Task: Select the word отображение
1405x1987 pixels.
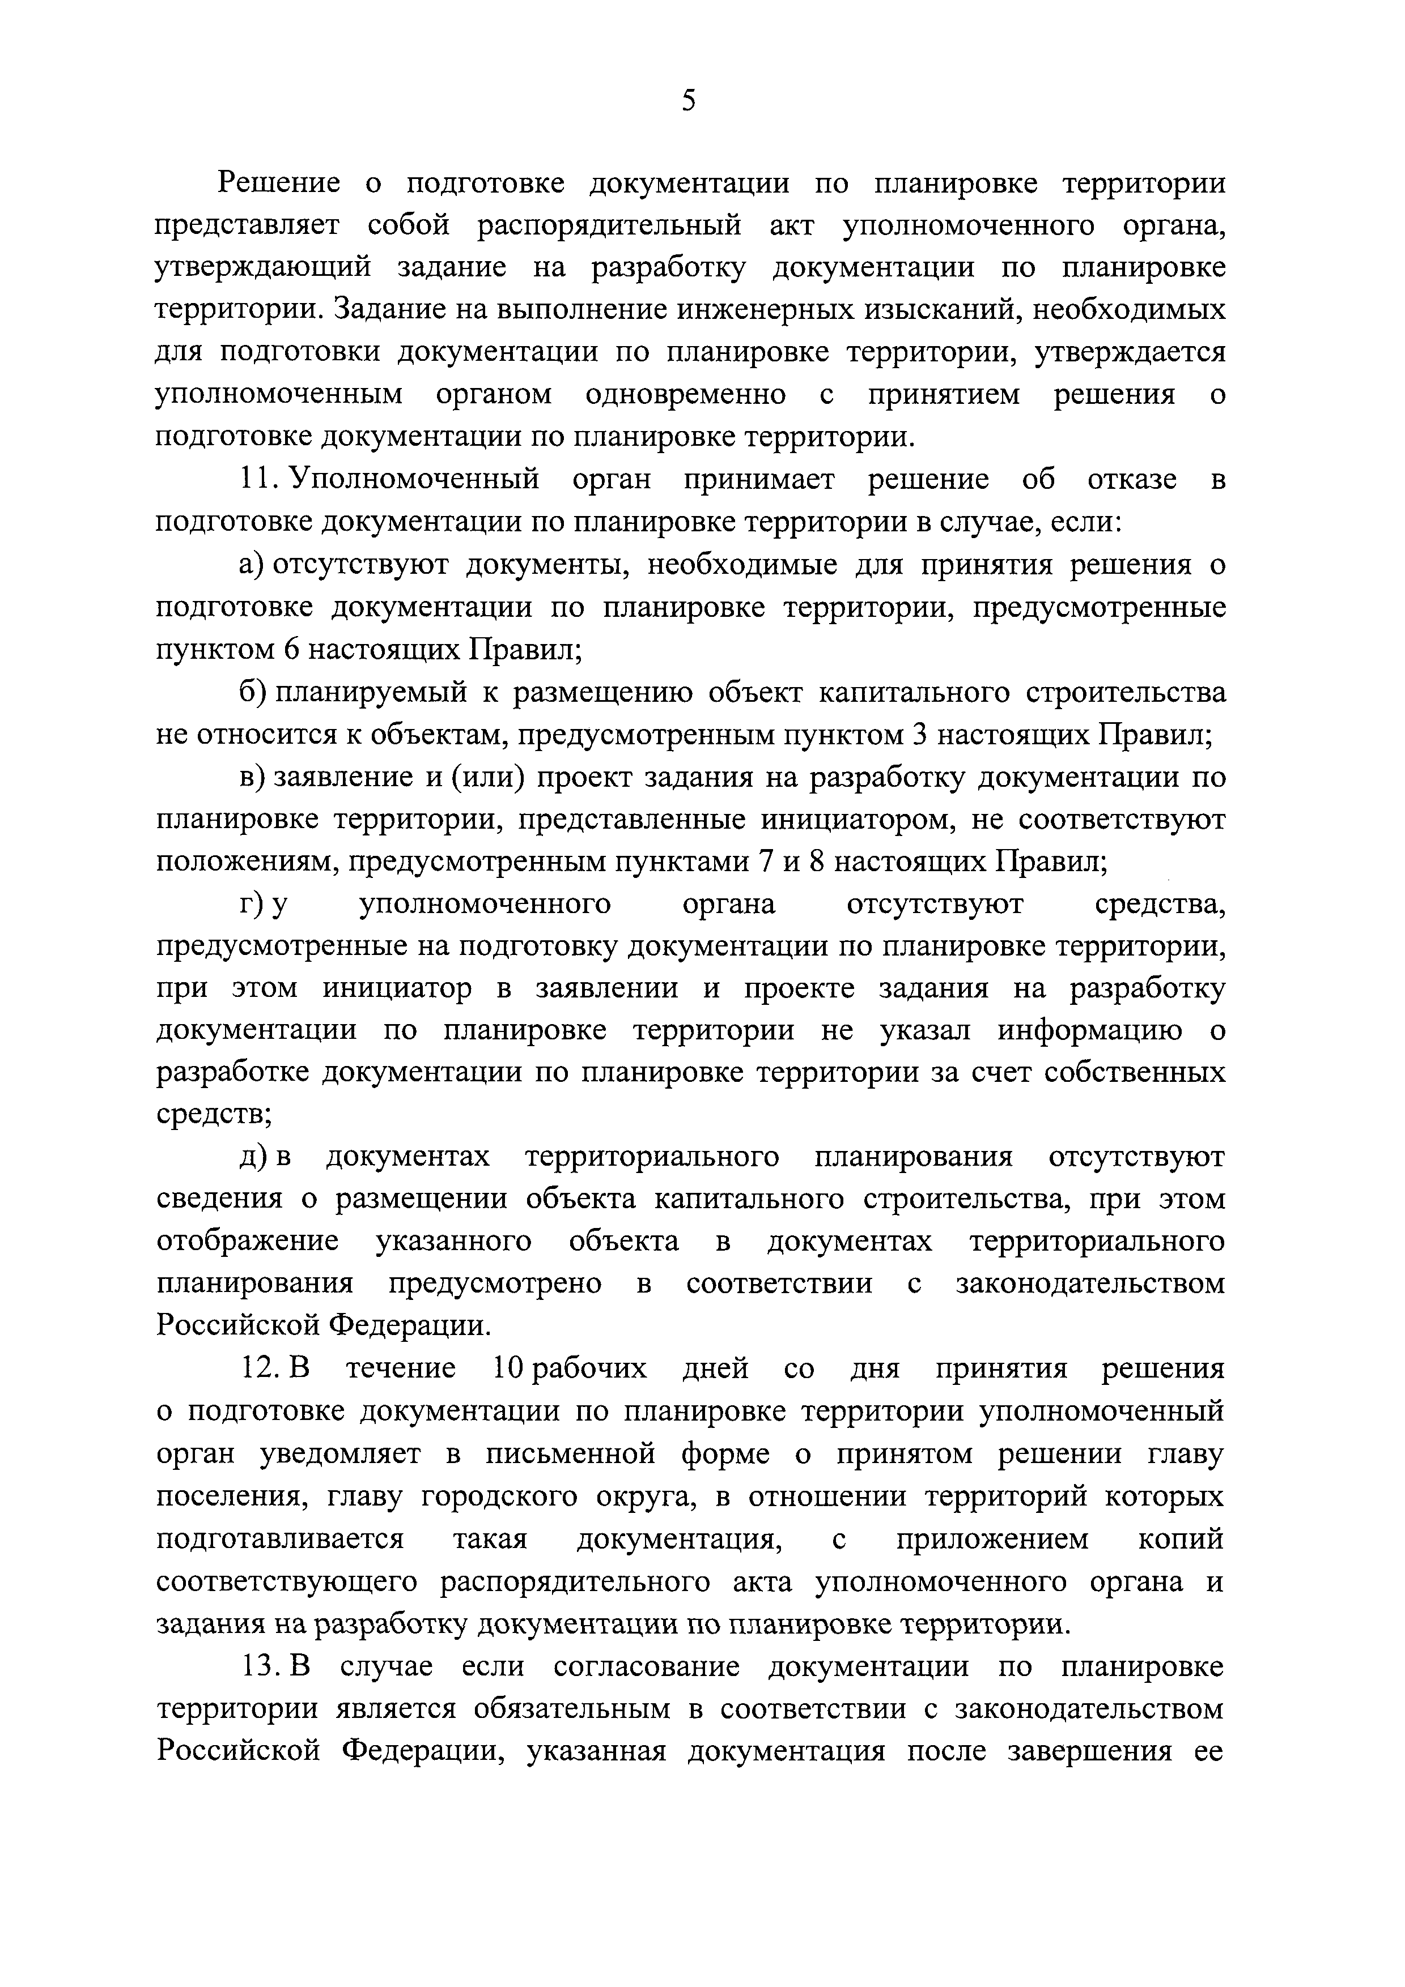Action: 248,1242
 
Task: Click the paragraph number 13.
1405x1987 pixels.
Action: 258,1666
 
